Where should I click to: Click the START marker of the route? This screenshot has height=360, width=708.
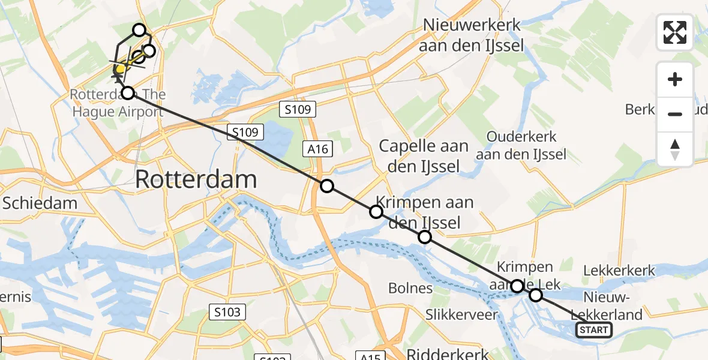pos(593,329)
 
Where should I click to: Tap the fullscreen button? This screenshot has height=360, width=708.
pos(675,32)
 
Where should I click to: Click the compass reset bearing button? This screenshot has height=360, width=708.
pos(675,149)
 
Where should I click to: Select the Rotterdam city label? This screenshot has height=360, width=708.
pos(197,179)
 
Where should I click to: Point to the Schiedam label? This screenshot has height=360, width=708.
pos(40,203)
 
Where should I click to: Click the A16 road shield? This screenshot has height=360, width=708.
pos(318,148)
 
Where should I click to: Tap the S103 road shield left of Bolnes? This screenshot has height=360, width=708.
pos(227,311)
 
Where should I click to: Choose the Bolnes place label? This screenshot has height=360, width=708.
pos(410,288)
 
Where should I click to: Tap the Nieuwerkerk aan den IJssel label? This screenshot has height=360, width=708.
pos(472,35)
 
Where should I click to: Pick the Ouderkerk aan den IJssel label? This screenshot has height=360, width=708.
pos(521,145)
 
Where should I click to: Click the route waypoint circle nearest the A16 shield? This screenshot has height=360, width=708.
pos(327,186)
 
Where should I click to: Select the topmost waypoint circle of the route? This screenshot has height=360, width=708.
pos(139,30)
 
